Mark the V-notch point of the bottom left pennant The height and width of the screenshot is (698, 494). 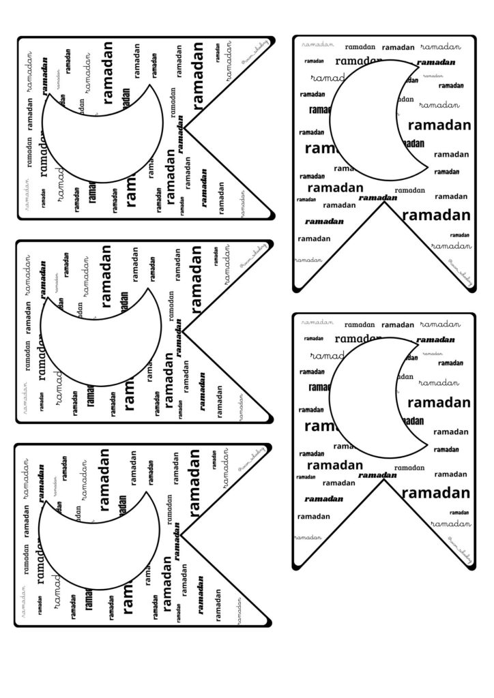(x=183, y=533)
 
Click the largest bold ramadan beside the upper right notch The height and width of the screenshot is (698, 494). (x=437, y=215)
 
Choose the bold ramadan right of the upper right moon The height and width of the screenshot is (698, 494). (x=439, y=125)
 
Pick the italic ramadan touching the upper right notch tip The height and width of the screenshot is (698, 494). (x=378, y=197)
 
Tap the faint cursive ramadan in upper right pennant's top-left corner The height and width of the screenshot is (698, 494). (x=318, y=44)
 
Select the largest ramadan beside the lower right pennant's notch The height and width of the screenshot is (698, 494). (x=440, y=493)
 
